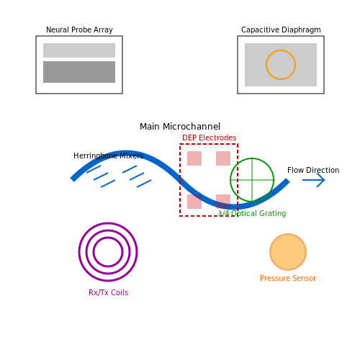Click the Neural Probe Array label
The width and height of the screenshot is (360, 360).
(x=79, y=30)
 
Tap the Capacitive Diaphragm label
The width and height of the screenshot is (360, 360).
(x=281, y=30)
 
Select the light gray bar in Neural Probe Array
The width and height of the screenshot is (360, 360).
(x=79, y=50)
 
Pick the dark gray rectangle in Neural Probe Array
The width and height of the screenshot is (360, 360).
(x=79, y=72)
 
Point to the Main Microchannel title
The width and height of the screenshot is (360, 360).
(x=180, y=127)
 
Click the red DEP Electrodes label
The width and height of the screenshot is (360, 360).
(x=210, y=138)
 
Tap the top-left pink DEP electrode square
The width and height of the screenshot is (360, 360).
(x=194, y=158)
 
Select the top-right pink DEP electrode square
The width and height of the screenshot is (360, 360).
(x=223, y=158)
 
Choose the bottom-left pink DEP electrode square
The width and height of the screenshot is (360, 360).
(x=194, y=202)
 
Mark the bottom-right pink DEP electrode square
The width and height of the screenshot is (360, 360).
(x=223, y=202)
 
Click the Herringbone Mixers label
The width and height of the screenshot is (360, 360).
(x=109, y=156)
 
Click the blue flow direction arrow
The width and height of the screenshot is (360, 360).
(x=314, y=180)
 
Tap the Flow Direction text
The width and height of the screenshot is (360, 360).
(x=313, y=170)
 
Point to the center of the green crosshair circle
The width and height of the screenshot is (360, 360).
(x=252, y=180)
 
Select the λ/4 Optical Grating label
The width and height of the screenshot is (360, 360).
(x=252, y=213)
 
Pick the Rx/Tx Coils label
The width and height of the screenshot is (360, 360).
(x=109, y=292)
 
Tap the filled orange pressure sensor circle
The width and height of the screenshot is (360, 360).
(x=288, y=252)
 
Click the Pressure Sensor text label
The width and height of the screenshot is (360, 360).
(x=288, y=278)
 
